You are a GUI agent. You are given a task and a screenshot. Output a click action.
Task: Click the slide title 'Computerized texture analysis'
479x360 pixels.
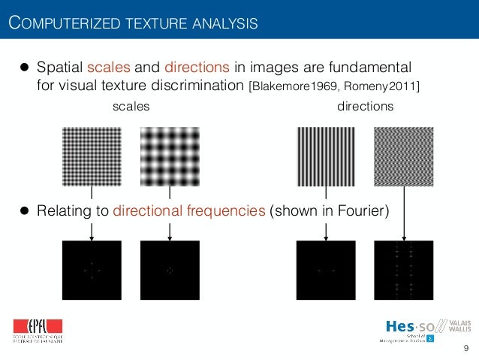133,23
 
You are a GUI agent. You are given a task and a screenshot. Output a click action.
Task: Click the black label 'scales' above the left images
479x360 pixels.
131,107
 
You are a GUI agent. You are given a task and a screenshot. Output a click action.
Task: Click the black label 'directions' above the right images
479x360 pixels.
366,107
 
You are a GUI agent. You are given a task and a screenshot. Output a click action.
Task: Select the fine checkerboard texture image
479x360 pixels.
91,156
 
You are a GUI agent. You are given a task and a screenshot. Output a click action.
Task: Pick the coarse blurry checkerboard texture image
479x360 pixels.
170,156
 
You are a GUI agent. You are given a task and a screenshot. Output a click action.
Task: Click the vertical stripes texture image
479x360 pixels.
326,156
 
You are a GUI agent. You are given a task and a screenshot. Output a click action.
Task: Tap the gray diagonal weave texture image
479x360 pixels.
404,156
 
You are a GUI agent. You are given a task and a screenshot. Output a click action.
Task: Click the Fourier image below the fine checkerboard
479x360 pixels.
91,270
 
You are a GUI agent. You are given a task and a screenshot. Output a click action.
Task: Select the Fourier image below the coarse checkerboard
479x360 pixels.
170,270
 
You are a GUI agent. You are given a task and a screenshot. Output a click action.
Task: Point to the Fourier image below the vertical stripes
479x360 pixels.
326,270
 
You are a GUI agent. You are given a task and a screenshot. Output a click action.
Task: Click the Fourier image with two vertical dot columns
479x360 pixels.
404,270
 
